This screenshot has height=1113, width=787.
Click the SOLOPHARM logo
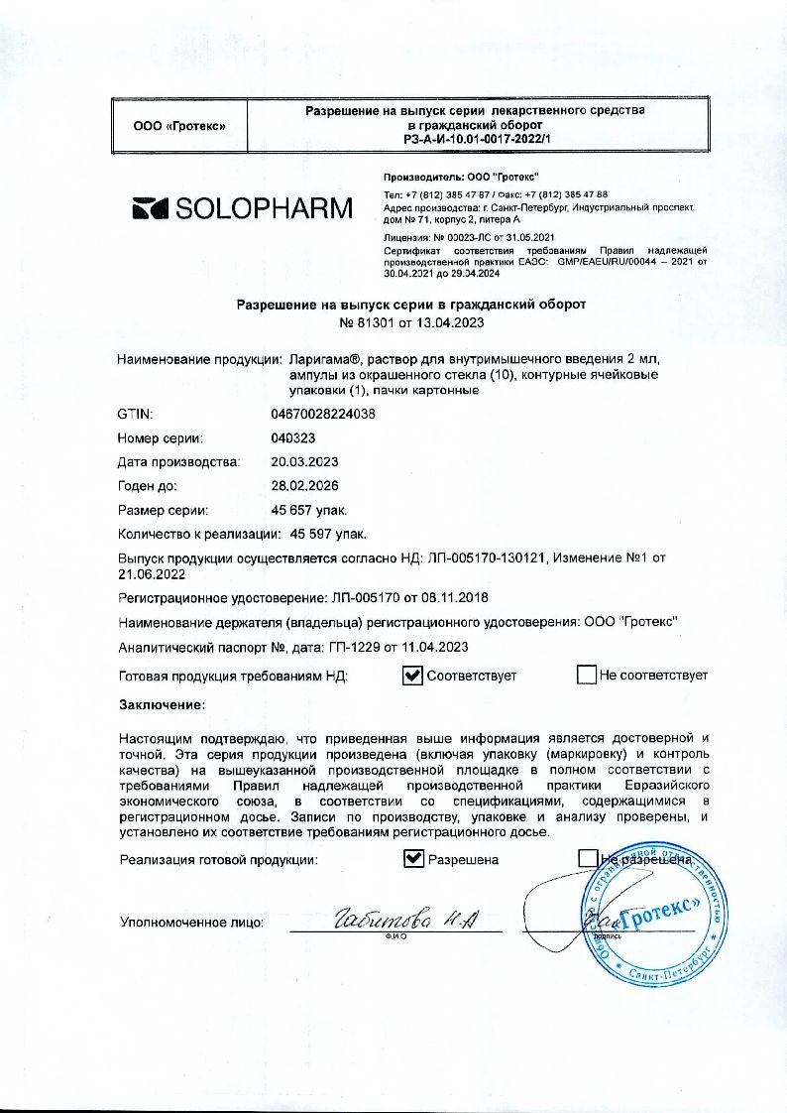(x=242, y=208)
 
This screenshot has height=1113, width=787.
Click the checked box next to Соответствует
(x=413, y=676)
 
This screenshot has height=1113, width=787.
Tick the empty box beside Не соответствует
(x=587, y=676)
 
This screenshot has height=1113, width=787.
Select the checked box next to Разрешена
(x=414, y=859)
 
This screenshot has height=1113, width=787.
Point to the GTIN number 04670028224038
(x=323, y=414)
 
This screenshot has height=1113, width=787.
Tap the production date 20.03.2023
(x=304, y=462)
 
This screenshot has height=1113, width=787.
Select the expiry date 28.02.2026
(x=304, y=486)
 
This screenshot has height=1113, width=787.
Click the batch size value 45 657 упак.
(x=308, y=511)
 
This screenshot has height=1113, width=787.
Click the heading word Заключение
(x=162, y=704)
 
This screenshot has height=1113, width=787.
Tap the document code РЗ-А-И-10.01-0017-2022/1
(x=476, y=141)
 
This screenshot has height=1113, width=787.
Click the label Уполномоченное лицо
(x=191, y=923)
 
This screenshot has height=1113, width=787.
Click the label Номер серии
(x=161, y=437)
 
